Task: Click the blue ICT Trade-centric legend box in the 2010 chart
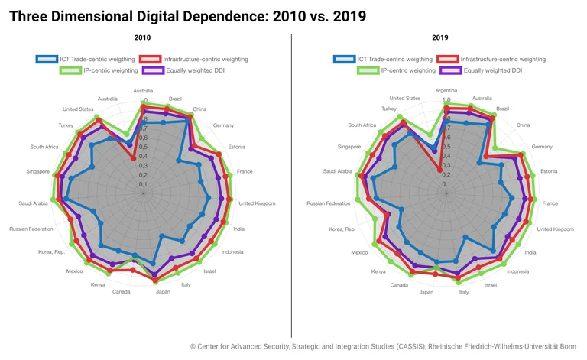[47, 59]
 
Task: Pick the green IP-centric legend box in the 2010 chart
[70, 70]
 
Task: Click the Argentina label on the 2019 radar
[446, 91]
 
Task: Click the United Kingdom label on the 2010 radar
[257, 203]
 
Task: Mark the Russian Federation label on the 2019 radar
[328, 203]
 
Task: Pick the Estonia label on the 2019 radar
[549, 171]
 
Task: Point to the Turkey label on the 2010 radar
[66, 125]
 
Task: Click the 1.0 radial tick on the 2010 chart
[144, 100]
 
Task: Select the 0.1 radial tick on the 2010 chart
[144, 184]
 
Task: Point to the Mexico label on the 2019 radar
[359, 252]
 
